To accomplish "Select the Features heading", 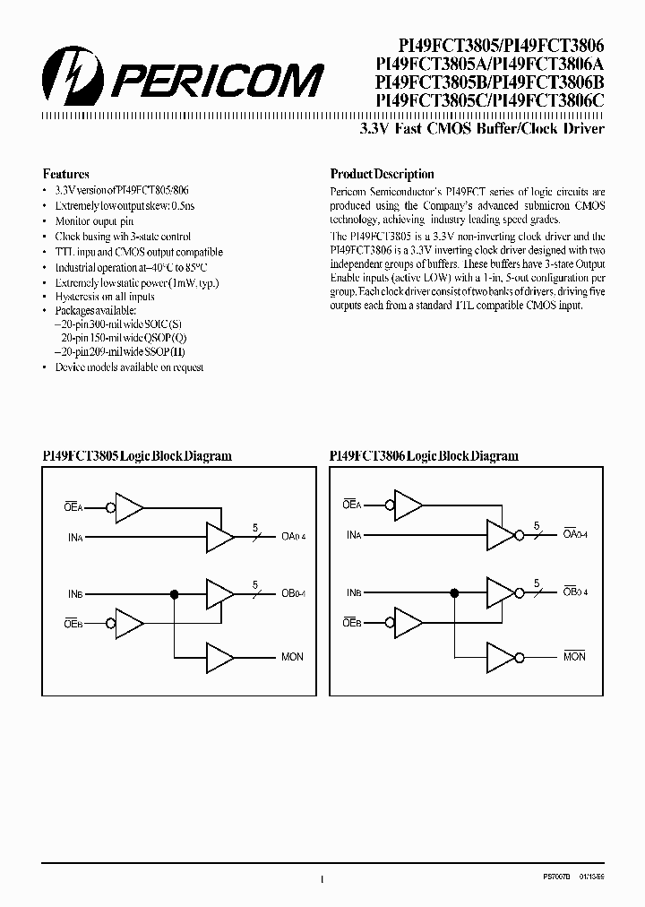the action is (66, 175).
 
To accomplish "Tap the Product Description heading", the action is (382, 175).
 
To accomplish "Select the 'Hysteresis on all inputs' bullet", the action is (104, 297).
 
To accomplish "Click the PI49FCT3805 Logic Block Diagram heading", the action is (137, 456).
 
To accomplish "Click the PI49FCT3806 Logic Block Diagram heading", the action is (424, 456).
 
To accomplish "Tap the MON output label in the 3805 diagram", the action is (292, 657).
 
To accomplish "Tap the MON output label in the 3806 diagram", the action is (574, 657).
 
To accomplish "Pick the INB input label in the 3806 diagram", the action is (354, 592).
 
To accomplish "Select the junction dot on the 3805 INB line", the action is (174, 592).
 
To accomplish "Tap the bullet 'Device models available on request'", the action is (129, 367).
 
